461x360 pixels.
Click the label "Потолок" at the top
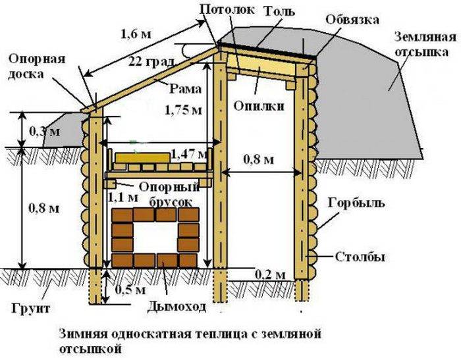(x=227, y=9)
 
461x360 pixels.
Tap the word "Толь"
(x=279, y=11)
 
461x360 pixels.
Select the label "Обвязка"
(x=352, y=20)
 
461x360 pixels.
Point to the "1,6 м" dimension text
(x=136, y=34)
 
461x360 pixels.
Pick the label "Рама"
(x=186, y=89)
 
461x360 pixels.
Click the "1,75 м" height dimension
(x=184, y=110)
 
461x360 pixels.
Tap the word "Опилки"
(x=259, y=106)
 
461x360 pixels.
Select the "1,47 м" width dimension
(x=189, y=153)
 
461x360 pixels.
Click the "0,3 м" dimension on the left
(x=45, y=132)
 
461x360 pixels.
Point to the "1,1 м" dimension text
(x=123, y=197)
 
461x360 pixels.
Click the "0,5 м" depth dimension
(x=130, y=290)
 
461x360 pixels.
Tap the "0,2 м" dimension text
(x=270, y=275)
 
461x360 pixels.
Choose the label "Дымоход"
(x=176, y=307)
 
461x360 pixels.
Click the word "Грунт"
(x=31, y=308)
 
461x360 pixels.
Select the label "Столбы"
(x=360, y=257)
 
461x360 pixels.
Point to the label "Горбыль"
(x=356, y=203)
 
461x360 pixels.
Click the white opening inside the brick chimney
(x=155, y=237)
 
